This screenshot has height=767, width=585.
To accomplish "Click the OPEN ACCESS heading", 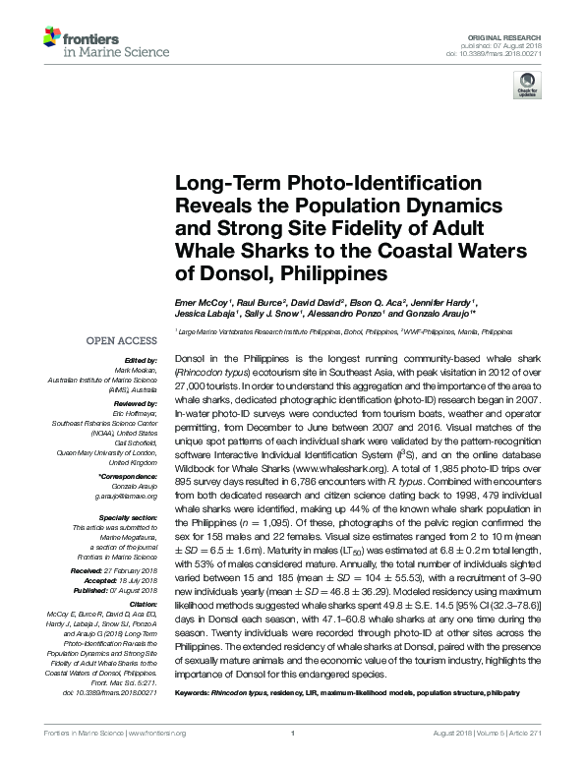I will [123, 341].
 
